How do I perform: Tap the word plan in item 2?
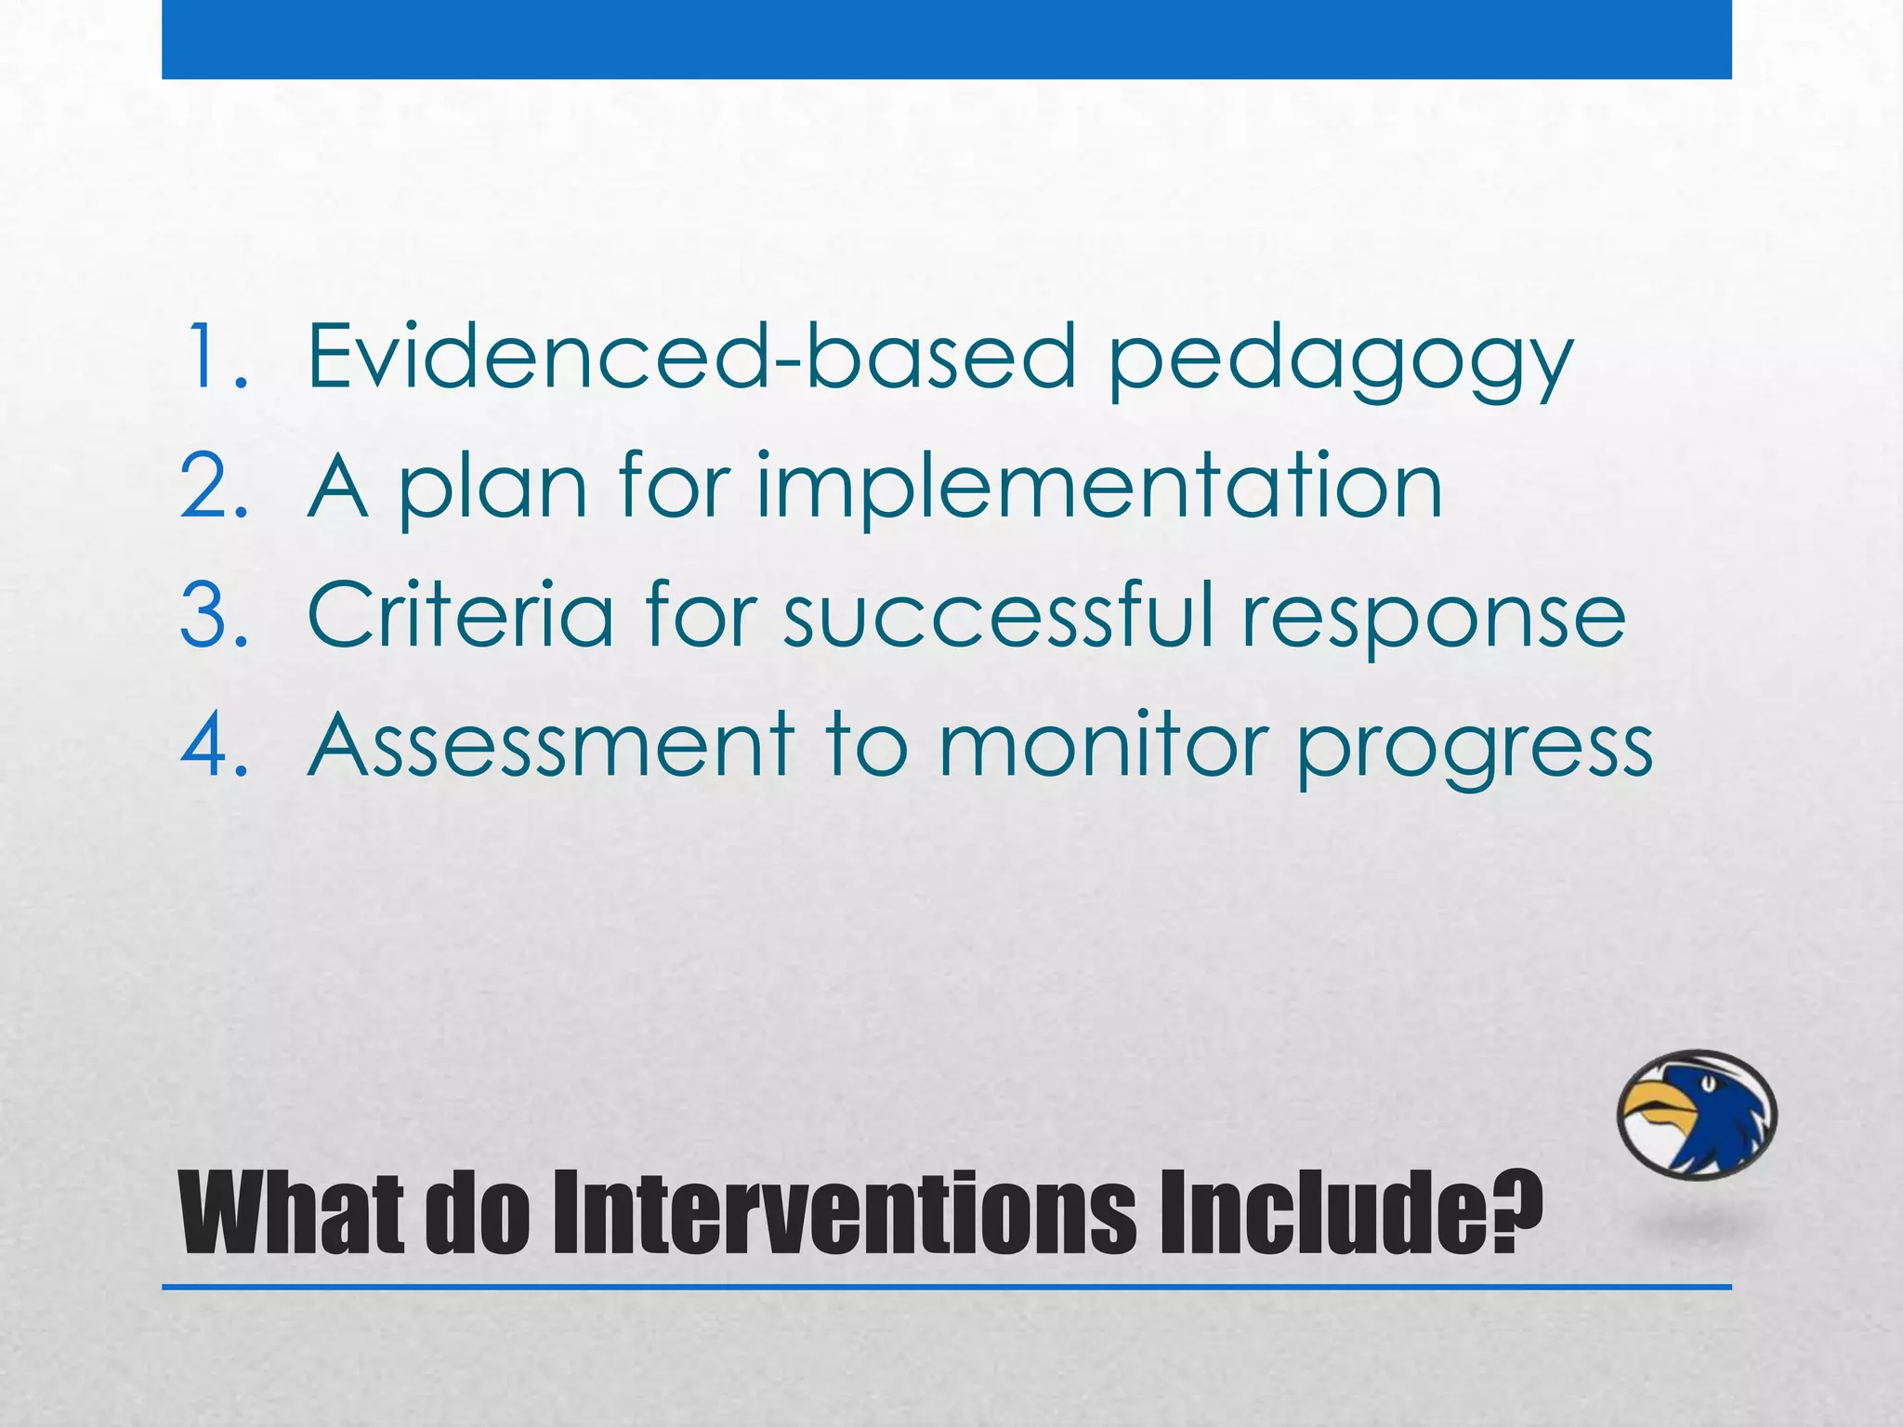pos(493,487)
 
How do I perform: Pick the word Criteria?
pos(461,614)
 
